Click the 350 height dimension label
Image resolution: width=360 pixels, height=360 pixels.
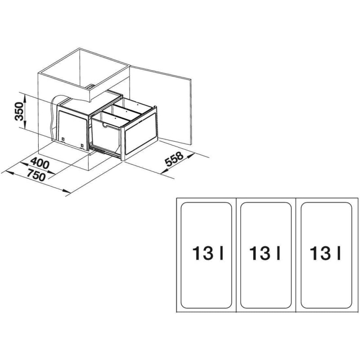pyautogui.click(x=19, y=112)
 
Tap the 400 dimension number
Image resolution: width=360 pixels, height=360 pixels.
pyautogui.click(x=40, y=163)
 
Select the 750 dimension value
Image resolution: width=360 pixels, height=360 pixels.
pyautogui.click(x=36, y=175)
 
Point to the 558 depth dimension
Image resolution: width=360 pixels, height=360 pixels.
pyautogui.click(x=175, y=159)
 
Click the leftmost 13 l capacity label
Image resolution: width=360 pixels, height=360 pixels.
pyautogui.click(x=208, y=253)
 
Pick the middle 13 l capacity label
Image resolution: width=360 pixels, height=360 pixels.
pyautogui.click(x=265, y=253)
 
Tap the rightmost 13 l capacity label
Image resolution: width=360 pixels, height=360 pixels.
pyautogui.click(x=325, y=253)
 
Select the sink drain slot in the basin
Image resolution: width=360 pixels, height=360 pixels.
pyautogui.click(x=90, y=87)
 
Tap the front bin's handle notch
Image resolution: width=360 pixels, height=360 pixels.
pyautogui.click(x=106, y=125)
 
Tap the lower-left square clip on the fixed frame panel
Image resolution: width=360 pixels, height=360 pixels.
pyautogui.click(x=63, y=139)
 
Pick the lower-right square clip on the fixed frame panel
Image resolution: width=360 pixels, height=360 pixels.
pyautogui.click(x=82, y=145)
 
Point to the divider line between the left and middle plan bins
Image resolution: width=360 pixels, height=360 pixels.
pyautogui.click(x=237, y=255)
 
